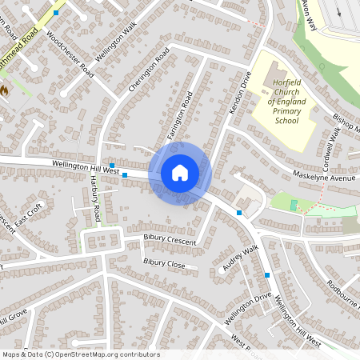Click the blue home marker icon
pos(180,173)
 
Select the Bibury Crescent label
pos(170,238)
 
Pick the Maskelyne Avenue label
pos(322,178)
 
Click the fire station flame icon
pos(4,91)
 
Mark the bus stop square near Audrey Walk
pos(267,275)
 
